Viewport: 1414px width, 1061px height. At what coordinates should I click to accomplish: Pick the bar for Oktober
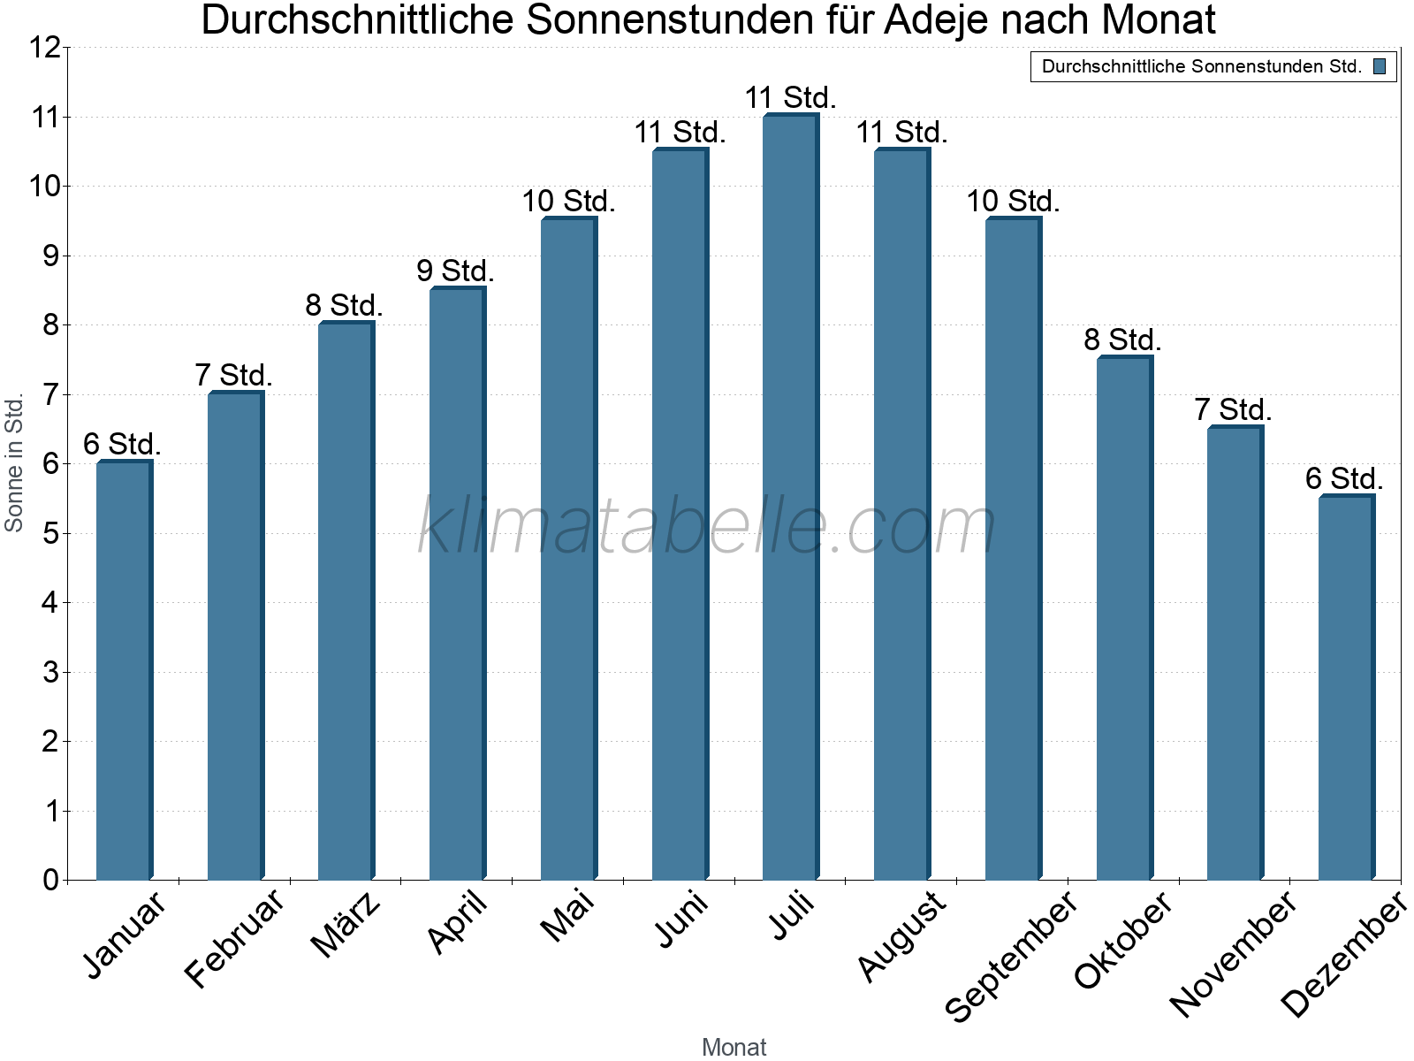point(1124,619)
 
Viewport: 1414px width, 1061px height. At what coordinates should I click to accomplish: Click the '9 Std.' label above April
point(455,271)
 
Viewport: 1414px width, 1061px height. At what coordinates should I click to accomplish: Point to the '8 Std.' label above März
point(344,306)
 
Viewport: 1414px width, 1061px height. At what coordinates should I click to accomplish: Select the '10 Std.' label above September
point(1013,202)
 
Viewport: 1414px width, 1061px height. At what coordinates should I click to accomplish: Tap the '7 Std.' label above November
point(1233,410)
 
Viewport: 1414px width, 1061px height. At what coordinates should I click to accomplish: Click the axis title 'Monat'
point(734,1047)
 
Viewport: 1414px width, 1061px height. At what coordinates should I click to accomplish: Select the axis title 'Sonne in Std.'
point(14,462)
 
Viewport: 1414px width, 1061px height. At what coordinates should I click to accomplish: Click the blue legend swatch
point(1380,66)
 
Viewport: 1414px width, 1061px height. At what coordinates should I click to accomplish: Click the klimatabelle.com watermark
point(707,526)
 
